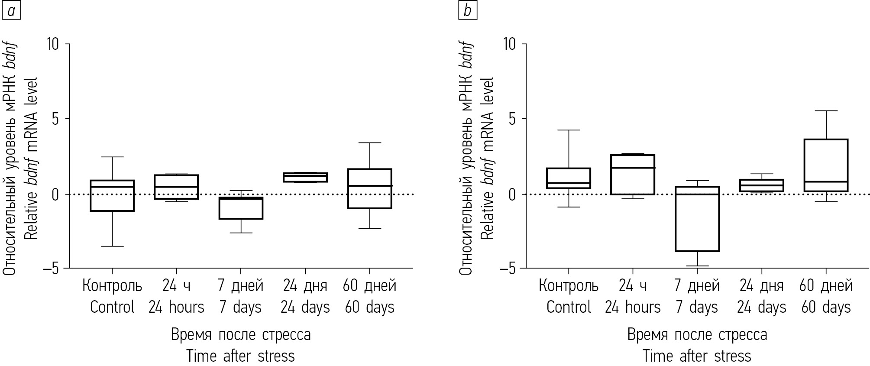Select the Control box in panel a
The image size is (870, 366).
click(112, 196)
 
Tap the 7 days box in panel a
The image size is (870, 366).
click(241, 208)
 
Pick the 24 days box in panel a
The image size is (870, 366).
click(305, 177)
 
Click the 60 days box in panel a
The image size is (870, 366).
click(370, 188)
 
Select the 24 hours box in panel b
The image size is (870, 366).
click(633, 175)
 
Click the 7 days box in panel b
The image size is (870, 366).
click(697, 219)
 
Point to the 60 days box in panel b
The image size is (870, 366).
click(826, 165)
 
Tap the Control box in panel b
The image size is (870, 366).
click(569, 178)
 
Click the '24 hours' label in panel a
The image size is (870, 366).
click(176, 307)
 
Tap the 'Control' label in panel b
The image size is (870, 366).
click(569, 307)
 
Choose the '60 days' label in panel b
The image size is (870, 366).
click(826, 307)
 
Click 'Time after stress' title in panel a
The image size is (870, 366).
click(241, 356)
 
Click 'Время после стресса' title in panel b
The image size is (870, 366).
click(697, 334)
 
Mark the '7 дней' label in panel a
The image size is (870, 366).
click(241, 286)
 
